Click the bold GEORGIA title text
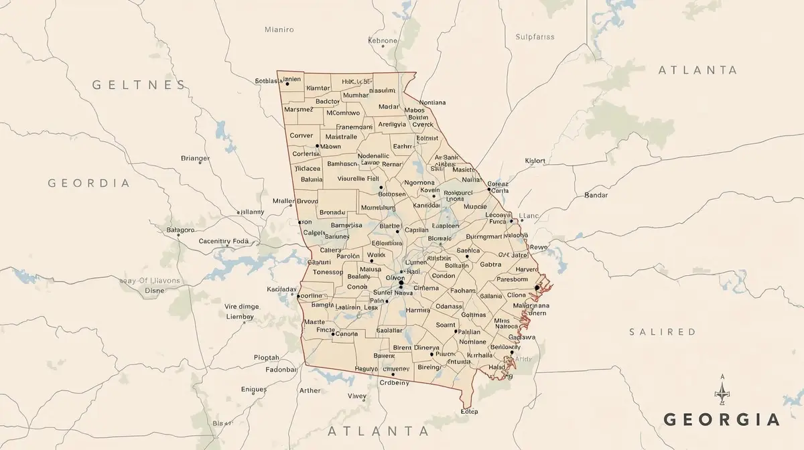tap(722, 420)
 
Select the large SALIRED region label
tap(663, 332)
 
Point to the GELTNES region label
tap(139, 85)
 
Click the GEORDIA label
tap(88, 183)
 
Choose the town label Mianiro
tap(279, 29)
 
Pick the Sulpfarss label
tap(535, 37)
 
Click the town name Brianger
tap(196, 159)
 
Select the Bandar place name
tap(596, 195)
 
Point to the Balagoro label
tap(180, 230)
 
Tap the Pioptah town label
tap(267, 358)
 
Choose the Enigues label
tap(254, 388)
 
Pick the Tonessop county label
tap(328, 272)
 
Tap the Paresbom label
tap(513, 280)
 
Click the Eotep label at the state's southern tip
tap(469, 411)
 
